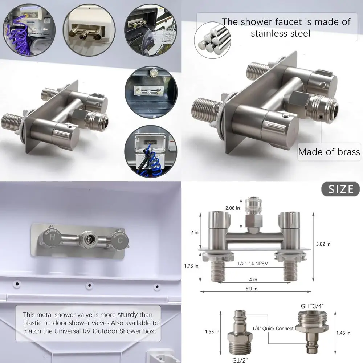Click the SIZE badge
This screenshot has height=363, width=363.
tap(340, 189)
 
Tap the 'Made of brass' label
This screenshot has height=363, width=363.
tap(329, 152)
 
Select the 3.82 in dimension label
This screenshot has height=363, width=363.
tap(323, 244)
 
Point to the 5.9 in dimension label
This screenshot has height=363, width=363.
tap(250, 289)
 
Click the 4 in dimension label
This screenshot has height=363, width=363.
tap(253, 280)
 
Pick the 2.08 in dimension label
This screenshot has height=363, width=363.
tap(232, 208)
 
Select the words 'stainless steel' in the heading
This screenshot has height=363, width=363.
tap(280, 34)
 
